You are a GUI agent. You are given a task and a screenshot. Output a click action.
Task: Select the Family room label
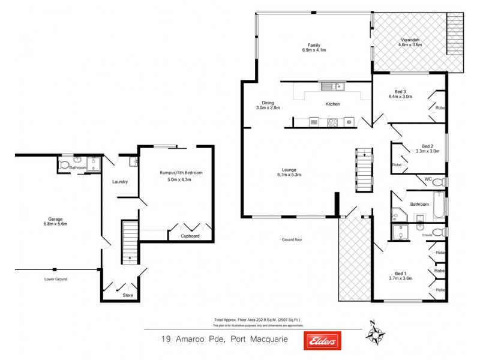click(314, 45)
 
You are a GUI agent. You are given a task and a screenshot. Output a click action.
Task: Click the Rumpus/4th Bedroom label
click(181, 173)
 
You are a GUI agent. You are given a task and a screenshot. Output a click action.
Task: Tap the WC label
click(428, 178)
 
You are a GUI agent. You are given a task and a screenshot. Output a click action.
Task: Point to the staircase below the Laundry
click(130, 242)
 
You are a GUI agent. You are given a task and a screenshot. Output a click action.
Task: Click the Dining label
click(267, 102)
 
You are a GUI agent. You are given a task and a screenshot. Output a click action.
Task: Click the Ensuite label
click(428, 235)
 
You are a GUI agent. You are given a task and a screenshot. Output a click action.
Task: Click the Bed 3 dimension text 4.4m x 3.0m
click(400, 97)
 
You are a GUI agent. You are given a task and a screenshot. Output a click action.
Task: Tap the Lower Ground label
click(55, 279)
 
